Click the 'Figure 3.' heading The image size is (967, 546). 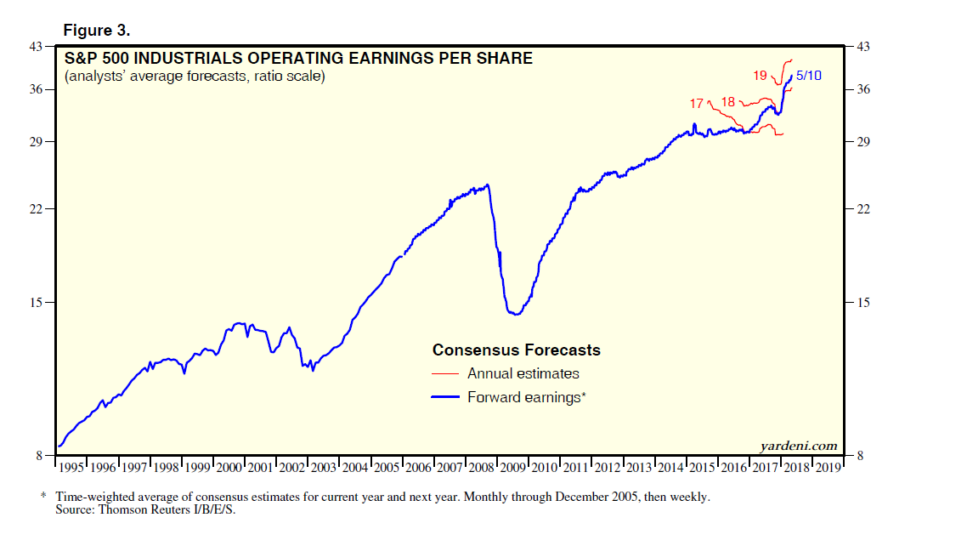[97, 31]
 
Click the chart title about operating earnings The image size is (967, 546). [298, 59]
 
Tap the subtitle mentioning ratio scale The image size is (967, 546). [195, 77]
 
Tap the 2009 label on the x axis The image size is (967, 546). [512, 468]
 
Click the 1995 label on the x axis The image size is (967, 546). [71, 468]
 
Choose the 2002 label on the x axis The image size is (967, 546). [292, 468]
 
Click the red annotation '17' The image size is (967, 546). [696, 104]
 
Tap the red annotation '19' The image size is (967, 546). [761, 76]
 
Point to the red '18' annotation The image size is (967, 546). [727, 102]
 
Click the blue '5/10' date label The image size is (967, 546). [809, 76]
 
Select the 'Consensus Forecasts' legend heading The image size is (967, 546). [516, 350]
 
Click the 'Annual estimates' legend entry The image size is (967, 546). [523, 373]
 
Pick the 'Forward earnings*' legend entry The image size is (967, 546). [527, 397]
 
